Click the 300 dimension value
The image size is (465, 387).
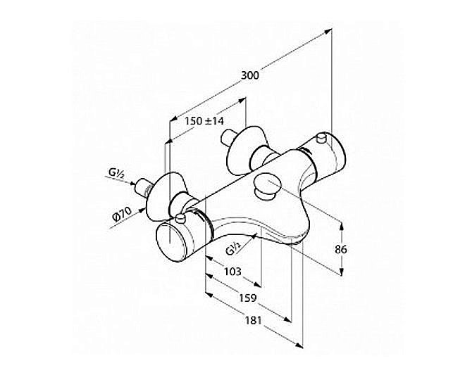click(x=249, y=75)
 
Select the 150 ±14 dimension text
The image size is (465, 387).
click(x=204, y=121)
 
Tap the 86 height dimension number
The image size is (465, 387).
click(x=341, y=250)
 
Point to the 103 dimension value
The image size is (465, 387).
click(x=232, y=271)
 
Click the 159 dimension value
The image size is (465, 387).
click(x=247, y=298)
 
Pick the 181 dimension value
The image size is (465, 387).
click(x=253, y=320)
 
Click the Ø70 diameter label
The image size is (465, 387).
click(x=122, y=215)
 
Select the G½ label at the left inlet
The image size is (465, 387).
click(x=116, y=173)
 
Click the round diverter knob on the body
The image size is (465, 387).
click(x=266, y=188)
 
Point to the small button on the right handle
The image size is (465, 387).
click(x=321, y=137)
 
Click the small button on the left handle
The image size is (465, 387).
click(x=180, y=219)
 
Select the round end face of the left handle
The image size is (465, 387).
click(x=170, y=242)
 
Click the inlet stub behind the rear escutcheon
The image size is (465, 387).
click(x=227, y=138)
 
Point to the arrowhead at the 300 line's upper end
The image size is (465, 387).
click(x=328, y=31)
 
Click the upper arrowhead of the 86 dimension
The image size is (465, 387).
click(x=341, y=226)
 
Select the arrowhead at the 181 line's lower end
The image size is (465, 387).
click(x=299, y=345)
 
